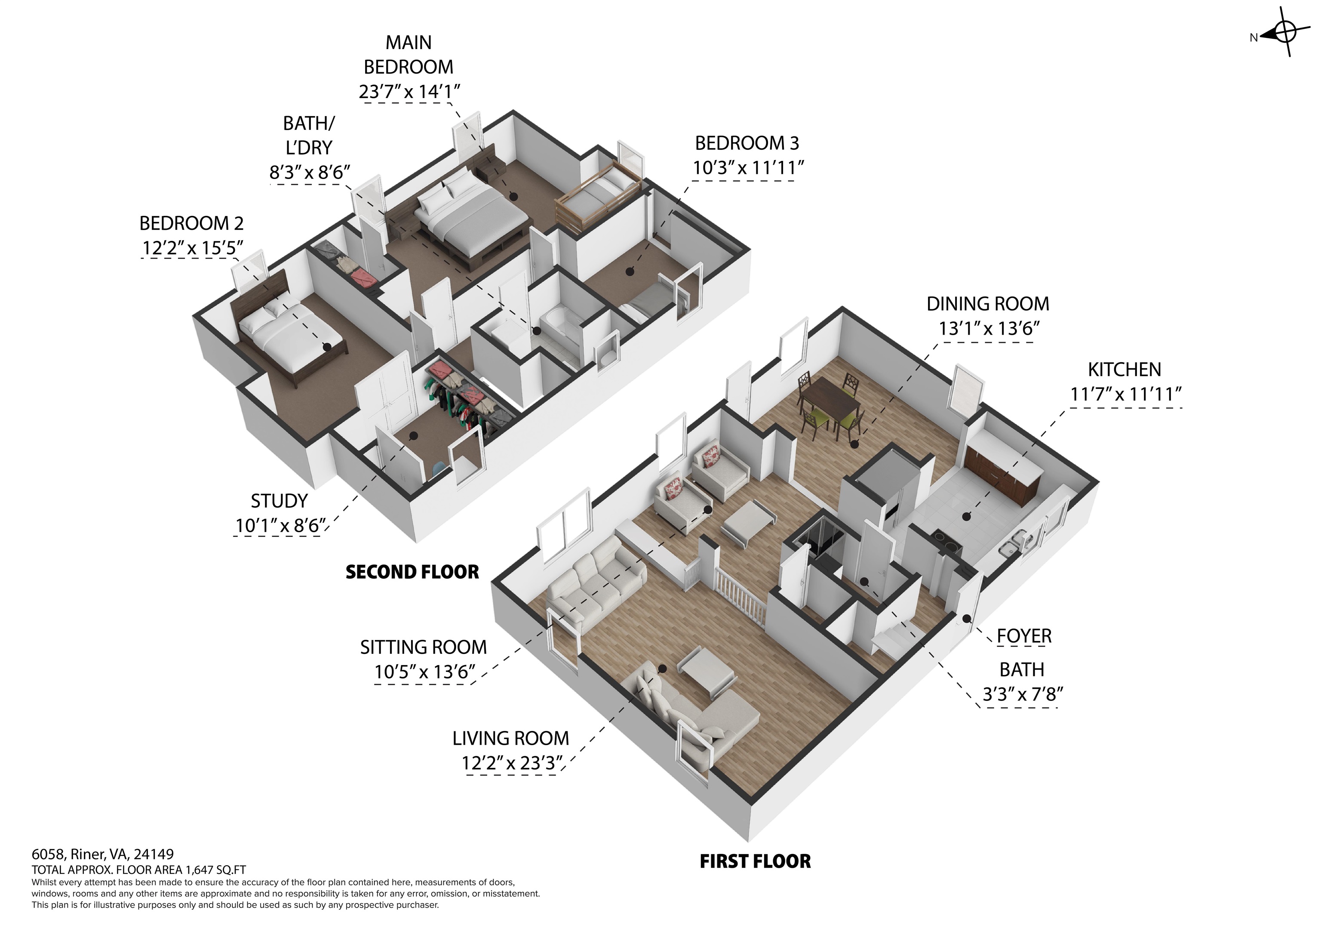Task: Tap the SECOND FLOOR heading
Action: pos(412,572)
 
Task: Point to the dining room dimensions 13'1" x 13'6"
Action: pos(989,329)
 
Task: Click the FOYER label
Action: pos(1024,636)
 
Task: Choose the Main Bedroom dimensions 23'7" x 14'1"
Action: pos(409,92)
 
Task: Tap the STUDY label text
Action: pos(279,501)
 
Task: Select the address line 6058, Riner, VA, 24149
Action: pos(102,854)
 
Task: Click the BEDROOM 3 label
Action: pos(747,143)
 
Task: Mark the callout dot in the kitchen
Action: pos(967,516)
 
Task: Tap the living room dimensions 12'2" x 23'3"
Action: pos(511,763)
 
